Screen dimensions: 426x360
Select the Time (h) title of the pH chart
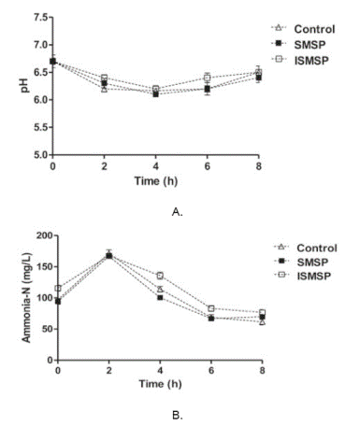click(157, 178)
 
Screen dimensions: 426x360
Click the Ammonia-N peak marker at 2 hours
click(109, 254)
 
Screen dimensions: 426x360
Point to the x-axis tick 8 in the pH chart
click(260, 165)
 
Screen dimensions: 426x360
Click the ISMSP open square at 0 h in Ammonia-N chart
click(58, 289)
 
